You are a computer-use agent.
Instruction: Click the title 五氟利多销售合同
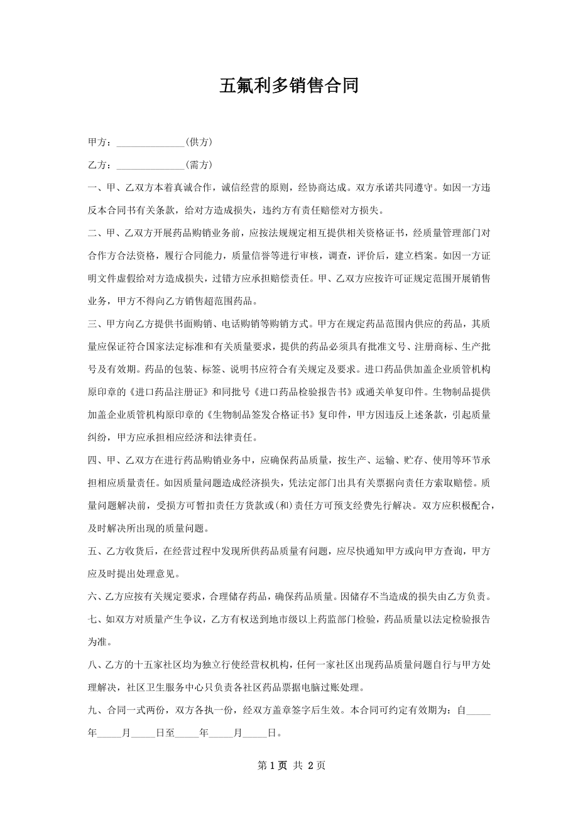coord(289,85)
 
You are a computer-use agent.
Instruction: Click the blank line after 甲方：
coord(151,143)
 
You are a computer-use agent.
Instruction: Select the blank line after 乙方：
coord(151,165)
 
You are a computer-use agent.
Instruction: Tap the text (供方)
coord(199,143)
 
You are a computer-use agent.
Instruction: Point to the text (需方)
coord(199,165)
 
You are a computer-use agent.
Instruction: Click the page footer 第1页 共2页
coord(289,765)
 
